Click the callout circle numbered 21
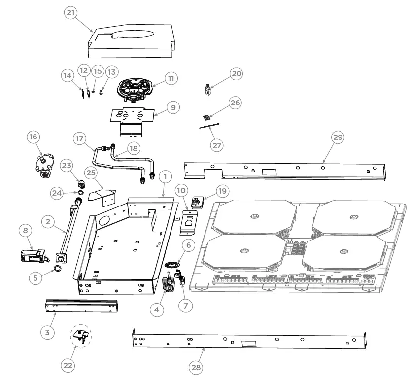pos(71,13)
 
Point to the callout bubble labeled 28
pos(196,367)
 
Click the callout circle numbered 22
pos(68,365)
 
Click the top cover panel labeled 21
pos(131,42)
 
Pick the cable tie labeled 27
pos(209,128)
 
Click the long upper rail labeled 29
pos(286,170)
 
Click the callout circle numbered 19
pos(222,191)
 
